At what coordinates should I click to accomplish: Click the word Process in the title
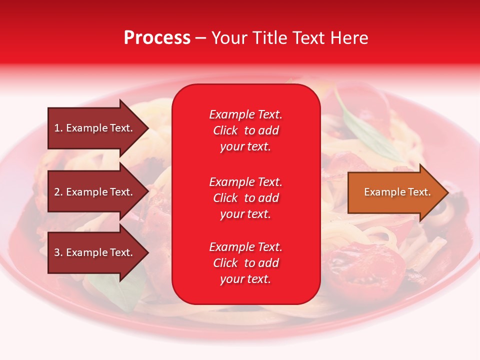tap(157, 38)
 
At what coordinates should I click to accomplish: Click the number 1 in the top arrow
tap(57, 128)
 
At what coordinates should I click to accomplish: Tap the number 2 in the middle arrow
tap(57, 192)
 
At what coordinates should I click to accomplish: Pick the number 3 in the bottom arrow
tap(57, 252)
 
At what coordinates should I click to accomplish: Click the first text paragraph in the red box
tap(245, 130)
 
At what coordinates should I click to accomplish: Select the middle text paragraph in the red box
tap(245, 198)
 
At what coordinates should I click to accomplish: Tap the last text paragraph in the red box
tap(245, 263)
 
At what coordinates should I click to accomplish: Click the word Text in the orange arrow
tap(420, 192)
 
